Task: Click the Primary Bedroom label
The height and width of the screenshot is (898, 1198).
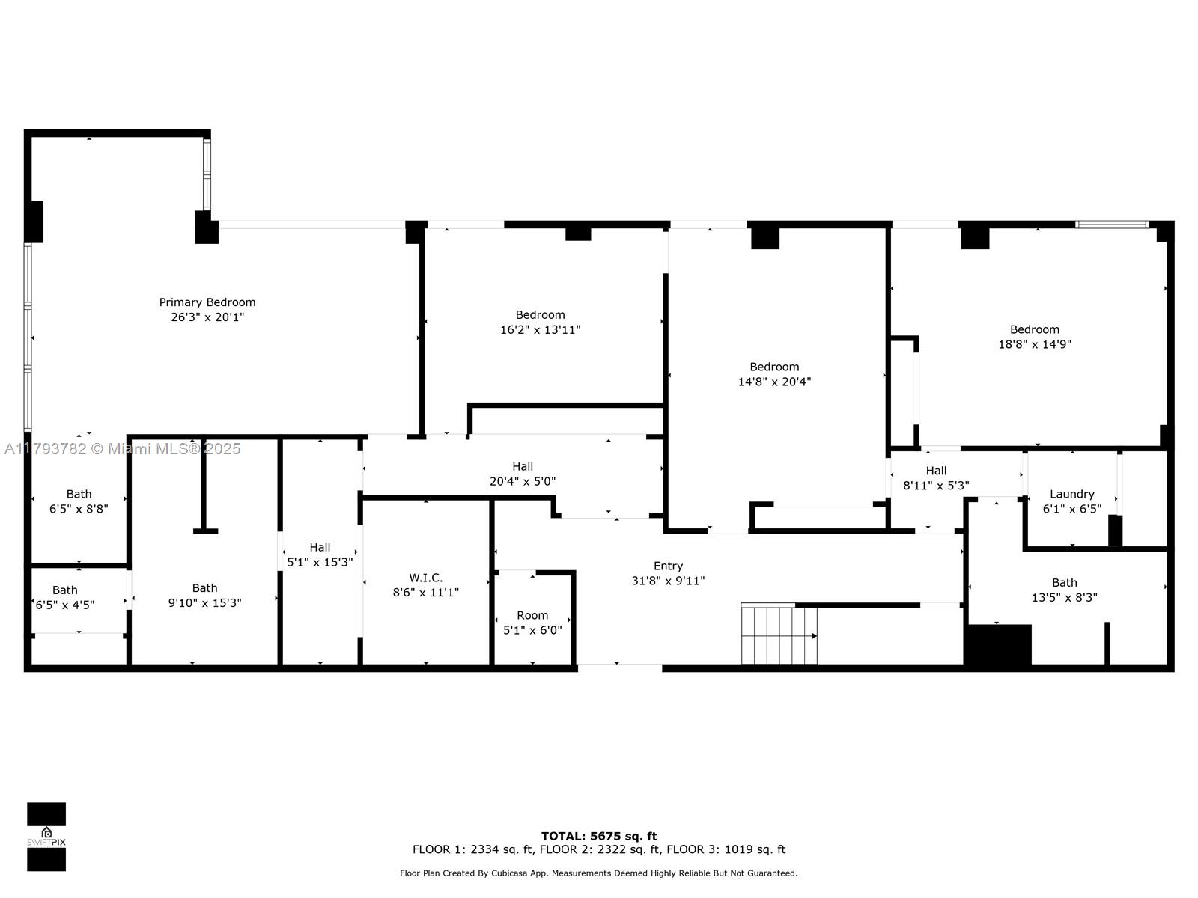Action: point(207,302)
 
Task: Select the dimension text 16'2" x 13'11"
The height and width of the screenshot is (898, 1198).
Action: point(540,329)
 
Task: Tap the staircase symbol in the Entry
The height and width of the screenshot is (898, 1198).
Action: point(779,635)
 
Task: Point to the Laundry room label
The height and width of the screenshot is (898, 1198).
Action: point(1071,494)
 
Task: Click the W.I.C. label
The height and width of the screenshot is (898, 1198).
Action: point(425,578)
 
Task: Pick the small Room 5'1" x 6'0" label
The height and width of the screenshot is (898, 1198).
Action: point(532,615)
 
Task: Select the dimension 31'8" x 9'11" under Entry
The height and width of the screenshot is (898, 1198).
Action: point(668,581)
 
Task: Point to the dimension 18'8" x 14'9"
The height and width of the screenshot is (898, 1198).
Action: point(1034,344)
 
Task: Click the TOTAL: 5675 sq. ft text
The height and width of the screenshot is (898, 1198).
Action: point(599,836)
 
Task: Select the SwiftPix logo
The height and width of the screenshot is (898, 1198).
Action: point(46,837)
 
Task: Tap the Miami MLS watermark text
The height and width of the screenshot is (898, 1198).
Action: point(123,449)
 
